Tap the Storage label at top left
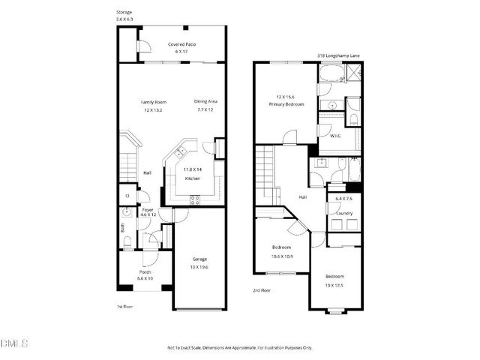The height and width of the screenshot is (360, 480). tap(124, 13)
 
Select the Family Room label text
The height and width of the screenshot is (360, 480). tap(154, 101)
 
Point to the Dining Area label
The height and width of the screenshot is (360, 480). tap(205, 101)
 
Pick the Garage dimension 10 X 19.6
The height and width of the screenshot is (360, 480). tap(198, 267)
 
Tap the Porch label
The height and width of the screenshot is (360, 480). tap(145, 271)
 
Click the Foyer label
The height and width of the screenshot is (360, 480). tap(148, 209)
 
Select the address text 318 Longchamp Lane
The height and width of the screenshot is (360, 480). tap(339, 55)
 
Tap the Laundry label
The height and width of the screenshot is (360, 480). tap(344, 212)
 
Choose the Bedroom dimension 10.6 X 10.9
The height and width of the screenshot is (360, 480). tap(281, 255)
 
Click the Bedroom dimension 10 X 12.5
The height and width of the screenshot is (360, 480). tap(334, 284)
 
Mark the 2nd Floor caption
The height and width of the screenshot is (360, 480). tap(262, 289)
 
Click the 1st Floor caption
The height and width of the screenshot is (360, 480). tap(124, 307)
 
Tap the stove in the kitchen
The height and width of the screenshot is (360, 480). tap(195, 199)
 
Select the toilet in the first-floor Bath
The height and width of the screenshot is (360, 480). tap(127, 241)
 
